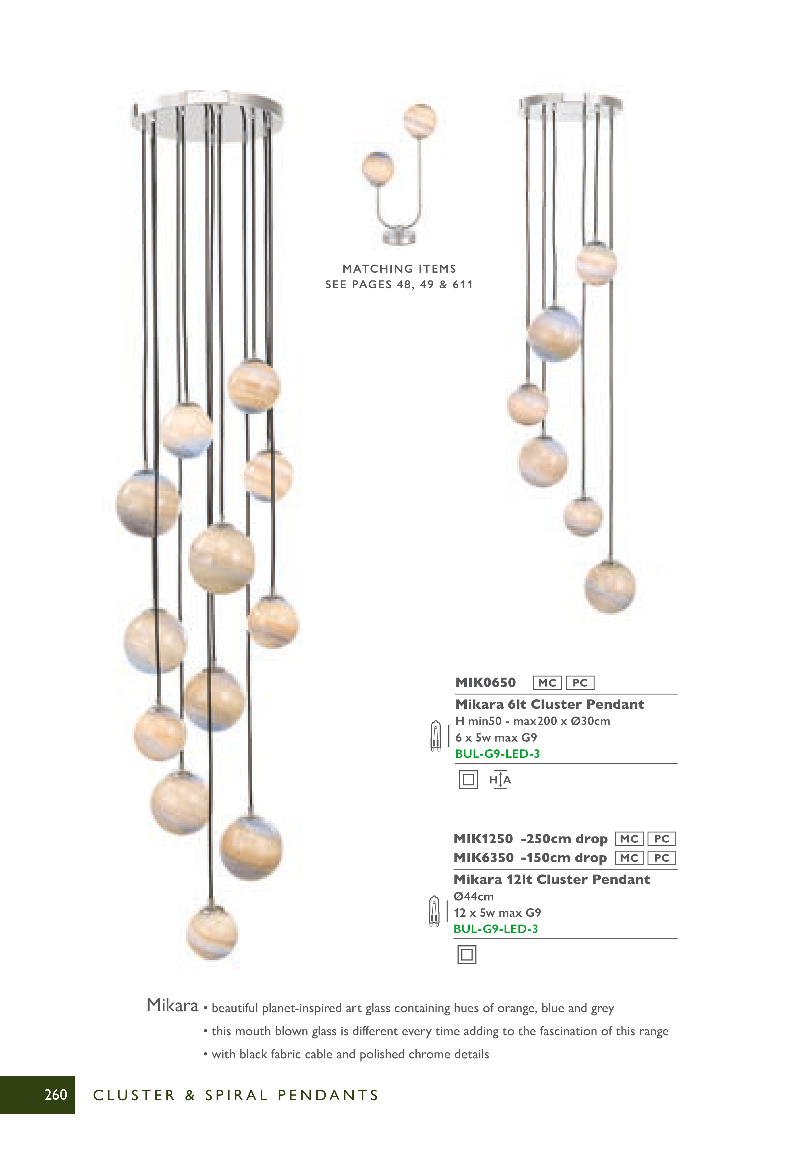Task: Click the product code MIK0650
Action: click(485, 683)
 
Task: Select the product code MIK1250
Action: click(483, 839)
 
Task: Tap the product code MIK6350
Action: click(483, 858)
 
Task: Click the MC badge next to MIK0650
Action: click(547, 683)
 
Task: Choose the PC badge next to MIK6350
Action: click(661, 858)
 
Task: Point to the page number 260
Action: click(56, 1094)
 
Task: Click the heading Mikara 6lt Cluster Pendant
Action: click(549, 704)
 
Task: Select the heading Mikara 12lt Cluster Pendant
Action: click(551, 879)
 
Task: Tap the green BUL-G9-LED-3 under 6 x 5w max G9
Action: click(497, 754)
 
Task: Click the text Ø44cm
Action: click(474, 896)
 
